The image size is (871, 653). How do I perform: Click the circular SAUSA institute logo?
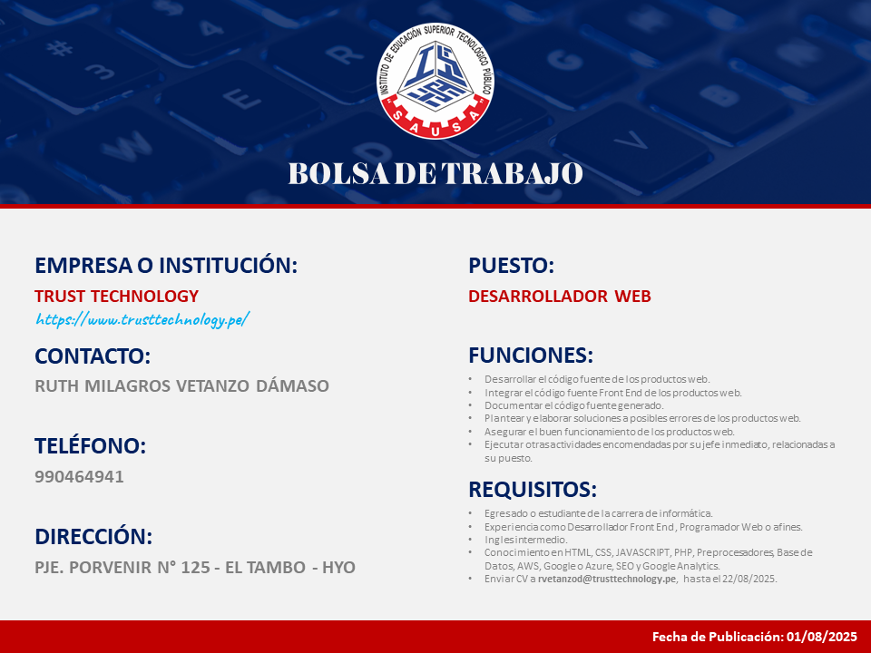point(435,81)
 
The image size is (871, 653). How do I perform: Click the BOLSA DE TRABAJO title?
point(435,173)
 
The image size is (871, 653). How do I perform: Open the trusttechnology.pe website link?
point(142,320)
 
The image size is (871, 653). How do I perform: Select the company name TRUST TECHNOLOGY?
point(117,296)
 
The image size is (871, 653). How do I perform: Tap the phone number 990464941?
point(79,476)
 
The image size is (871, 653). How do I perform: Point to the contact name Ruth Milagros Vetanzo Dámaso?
point(181,385)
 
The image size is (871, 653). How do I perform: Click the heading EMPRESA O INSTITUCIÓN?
point(166,265)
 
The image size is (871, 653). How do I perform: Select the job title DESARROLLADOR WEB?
point(560,296)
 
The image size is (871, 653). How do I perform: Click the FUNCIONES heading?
point(531,355)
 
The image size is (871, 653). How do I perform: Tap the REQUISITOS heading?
point(533,489)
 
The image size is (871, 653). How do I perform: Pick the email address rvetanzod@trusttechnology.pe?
point(607,579)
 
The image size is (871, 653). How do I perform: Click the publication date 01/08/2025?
point(822,637)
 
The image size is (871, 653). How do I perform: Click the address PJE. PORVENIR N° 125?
point(122,567)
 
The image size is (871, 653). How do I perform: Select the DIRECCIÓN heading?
point(93,536)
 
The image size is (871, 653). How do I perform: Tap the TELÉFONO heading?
point(90,445)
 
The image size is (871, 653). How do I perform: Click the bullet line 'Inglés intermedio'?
point(525,539)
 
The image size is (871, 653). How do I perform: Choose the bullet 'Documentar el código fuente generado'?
point(573,405)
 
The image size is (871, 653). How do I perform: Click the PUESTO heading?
point(511,265)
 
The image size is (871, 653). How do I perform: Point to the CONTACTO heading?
point(93,356)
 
